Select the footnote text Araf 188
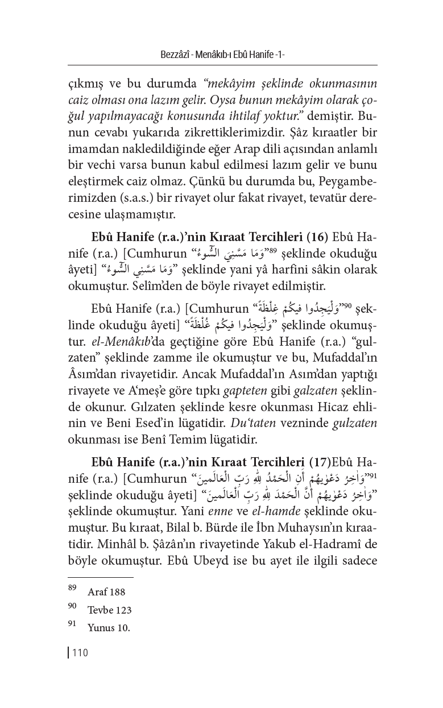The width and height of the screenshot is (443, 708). tap(106, 592)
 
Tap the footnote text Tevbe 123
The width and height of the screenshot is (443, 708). tap(109, 610)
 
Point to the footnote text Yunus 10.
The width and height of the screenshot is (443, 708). tap(109, 628)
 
